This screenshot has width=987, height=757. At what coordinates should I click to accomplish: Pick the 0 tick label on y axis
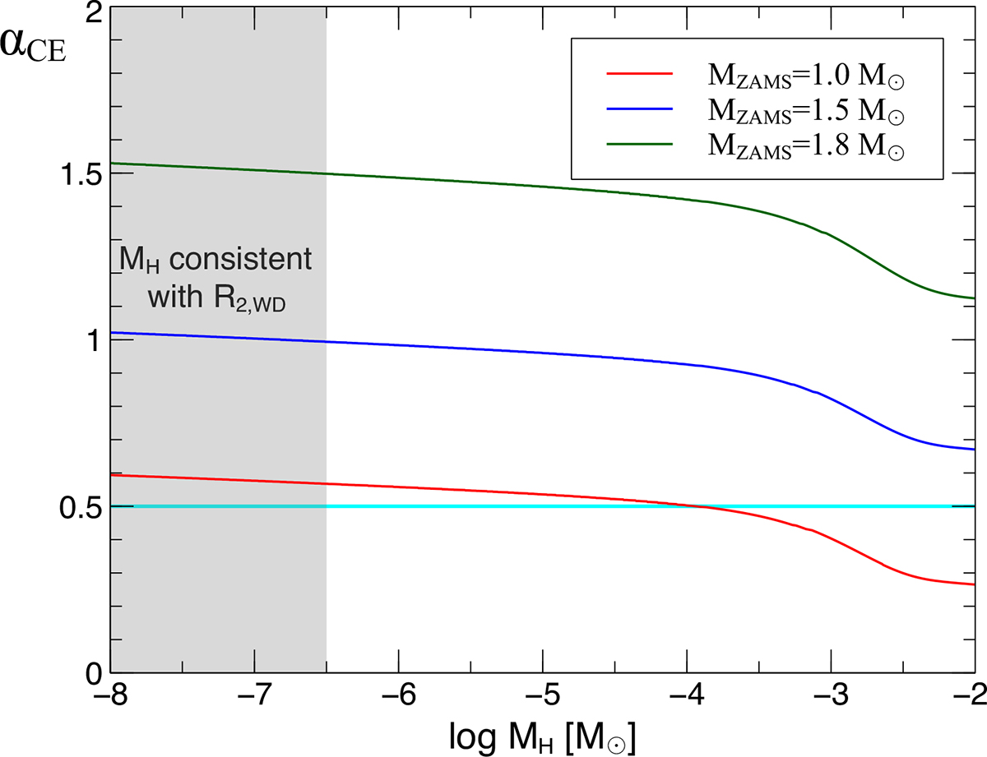[92, 672]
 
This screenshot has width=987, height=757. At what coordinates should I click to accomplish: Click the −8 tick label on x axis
[110, 698]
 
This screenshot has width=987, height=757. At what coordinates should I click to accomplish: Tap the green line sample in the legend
[640, 143]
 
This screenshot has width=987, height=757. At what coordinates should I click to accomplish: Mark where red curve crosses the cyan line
[700, 506]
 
